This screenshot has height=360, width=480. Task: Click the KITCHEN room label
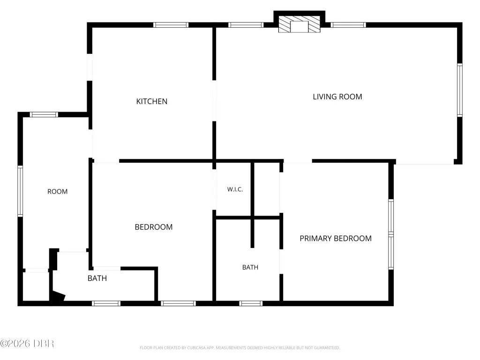tap(151, 101)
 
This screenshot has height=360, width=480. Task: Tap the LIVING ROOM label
tap(337, 97)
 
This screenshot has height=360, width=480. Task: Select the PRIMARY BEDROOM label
tap(336, 239)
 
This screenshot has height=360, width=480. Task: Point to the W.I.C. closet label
tap(235, 189)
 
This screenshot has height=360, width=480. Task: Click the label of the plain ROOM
tap(57, 192)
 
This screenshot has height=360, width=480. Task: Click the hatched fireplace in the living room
tap(299, 24)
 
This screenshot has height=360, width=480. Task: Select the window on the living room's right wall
tap(459, 90)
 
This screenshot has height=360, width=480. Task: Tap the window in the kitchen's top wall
tap(171, 25)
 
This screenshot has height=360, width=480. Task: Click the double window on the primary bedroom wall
tap(391, 234)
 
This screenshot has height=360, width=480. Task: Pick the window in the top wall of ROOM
tap(44, 114)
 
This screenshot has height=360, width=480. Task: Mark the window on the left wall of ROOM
tap(20, 191)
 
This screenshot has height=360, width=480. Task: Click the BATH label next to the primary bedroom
tap(250, 267)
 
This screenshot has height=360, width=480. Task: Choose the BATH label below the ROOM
tap(97, 278)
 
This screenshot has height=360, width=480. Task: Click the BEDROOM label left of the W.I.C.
tap(153, 227)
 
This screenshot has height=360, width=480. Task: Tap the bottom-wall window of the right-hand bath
tap(251, 303)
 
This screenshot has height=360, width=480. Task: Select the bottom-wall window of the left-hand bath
tap(106, 303)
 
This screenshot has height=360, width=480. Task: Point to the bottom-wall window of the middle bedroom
tap(178, 303)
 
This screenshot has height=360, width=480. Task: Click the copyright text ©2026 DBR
tap(27, 344)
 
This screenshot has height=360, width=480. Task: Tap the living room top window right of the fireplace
tap(348, 25)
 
